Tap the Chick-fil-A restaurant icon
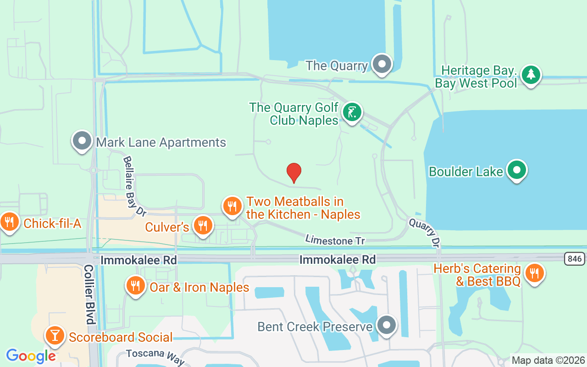[9, 222]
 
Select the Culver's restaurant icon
[202, 225]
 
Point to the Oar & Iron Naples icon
[135, 286]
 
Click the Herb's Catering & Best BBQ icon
[534, 273]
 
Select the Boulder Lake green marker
[517, 170]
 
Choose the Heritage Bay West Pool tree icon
[531, 74]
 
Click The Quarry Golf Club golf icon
[352, 112]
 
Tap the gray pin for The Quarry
[382, 65]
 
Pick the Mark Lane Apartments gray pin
[83, 141]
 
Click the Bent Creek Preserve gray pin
[386, 325]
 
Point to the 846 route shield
[574, 259]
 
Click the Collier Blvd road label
[89, 294]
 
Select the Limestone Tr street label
[335, 240]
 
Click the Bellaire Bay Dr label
[134, 185]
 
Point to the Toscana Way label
[155, 356]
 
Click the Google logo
[31, 356]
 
